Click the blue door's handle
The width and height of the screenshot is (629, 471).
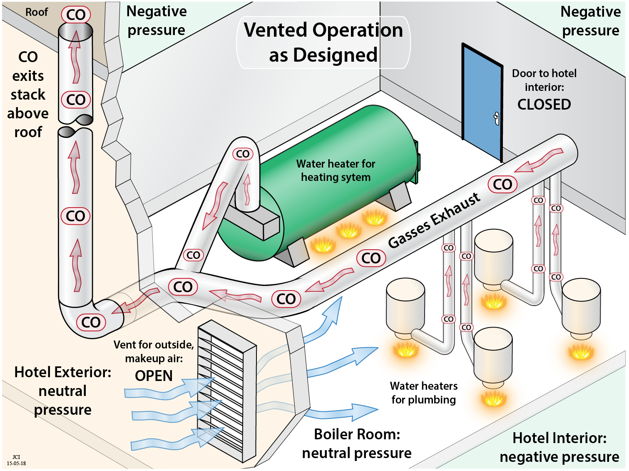tap(496, 118)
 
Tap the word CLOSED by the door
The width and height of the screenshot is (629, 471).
tap(544, 105)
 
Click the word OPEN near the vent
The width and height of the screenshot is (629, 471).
tap(154, 376)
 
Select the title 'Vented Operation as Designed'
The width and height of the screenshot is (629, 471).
tap(323, 43)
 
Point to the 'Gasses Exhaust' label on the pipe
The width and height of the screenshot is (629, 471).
tap(434, 220)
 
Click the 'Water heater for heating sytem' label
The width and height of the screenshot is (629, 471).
tap(336, 170)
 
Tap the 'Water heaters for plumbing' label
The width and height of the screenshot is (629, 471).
tap(423, 393)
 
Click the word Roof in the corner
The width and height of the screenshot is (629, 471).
tap(37, 12)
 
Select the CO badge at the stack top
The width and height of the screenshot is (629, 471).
tap(76, 15)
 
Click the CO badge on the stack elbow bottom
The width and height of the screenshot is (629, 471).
tap(91, 322)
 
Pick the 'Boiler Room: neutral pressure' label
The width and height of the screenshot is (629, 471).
tap(357, 443)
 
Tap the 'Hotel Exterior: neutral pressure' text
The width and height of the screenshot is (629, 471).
tap(63, 391)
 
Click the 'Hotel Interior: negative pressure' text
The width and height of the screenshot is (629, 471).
tap(559, 448)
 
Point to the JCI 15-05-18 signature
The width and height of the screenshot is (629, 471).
tap(16, 460)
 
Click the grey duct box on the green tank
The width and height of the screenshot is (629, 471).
tap(251, 223)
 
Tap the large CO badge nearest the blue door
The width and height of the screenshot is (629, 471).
tap(502, 185)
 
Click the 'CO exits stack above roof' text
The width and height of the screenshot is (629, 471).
tap(28, 95)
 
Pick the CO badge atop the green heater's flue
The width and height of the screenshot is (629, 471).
tap(243, 154)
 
